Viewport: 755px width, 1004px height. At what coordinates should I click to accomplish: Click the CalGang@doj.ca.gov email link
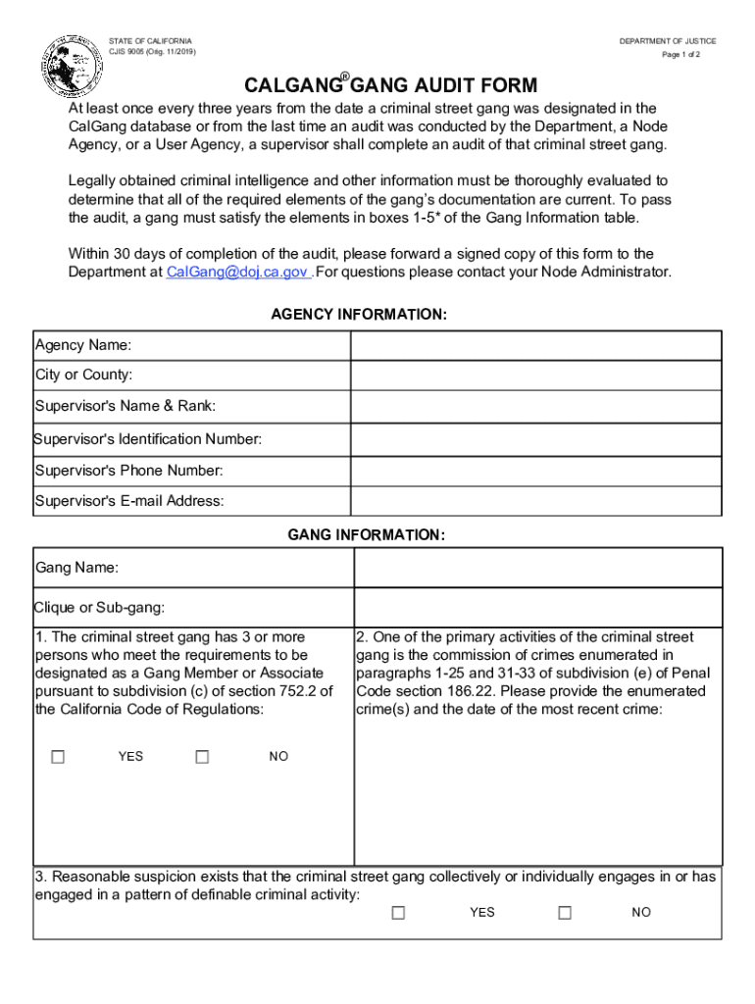(238, 272)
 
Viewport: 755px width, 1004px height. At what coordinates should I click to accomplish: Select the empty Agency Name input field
(536, 345)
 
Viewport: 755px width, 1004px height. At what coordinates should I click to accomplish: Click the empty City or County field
(536, 376)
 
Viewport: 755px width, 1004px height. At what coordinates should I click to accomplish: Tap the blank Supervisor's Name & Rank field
(536, 407)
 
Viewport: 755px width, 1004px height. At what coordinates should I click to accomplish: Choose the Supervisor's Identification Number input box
(536, 438)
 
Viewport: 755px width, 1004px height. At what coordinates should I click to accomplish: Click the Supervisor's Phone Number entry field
(536, 471)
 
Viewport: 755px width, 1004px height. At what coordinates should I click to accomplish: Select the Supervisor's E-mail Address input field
(536, 501)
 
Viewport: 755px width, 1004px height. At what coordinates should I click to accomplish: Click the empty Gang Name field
(537, 568)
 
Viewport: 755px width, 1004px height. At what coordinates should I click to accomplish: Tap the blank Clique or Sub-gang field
(537, 607)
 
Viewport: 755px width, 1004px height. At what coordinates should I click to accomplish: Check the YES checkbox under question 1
(58, 756)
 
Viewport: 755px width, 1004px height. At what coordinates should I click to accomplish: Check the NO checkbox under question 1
(202, 756)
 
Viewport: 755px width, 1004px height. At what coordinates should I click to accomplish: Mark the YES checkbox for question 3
(398, 912)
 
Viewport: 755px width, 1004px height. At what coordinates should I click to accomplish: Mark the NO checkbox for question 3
(565, 912)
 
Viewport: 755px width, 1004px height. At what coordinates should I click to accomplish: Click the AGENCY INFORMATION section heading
(359, 315)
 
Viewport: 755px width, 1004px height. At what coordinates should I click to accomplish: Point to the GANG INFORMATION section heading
(366, 534)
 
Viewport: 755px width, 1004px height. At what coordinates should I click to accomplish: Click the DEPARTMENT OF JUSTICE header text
(667, 41)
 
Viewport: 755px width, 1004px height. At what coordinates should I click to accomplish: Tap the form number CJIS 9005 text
(152, 52)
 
